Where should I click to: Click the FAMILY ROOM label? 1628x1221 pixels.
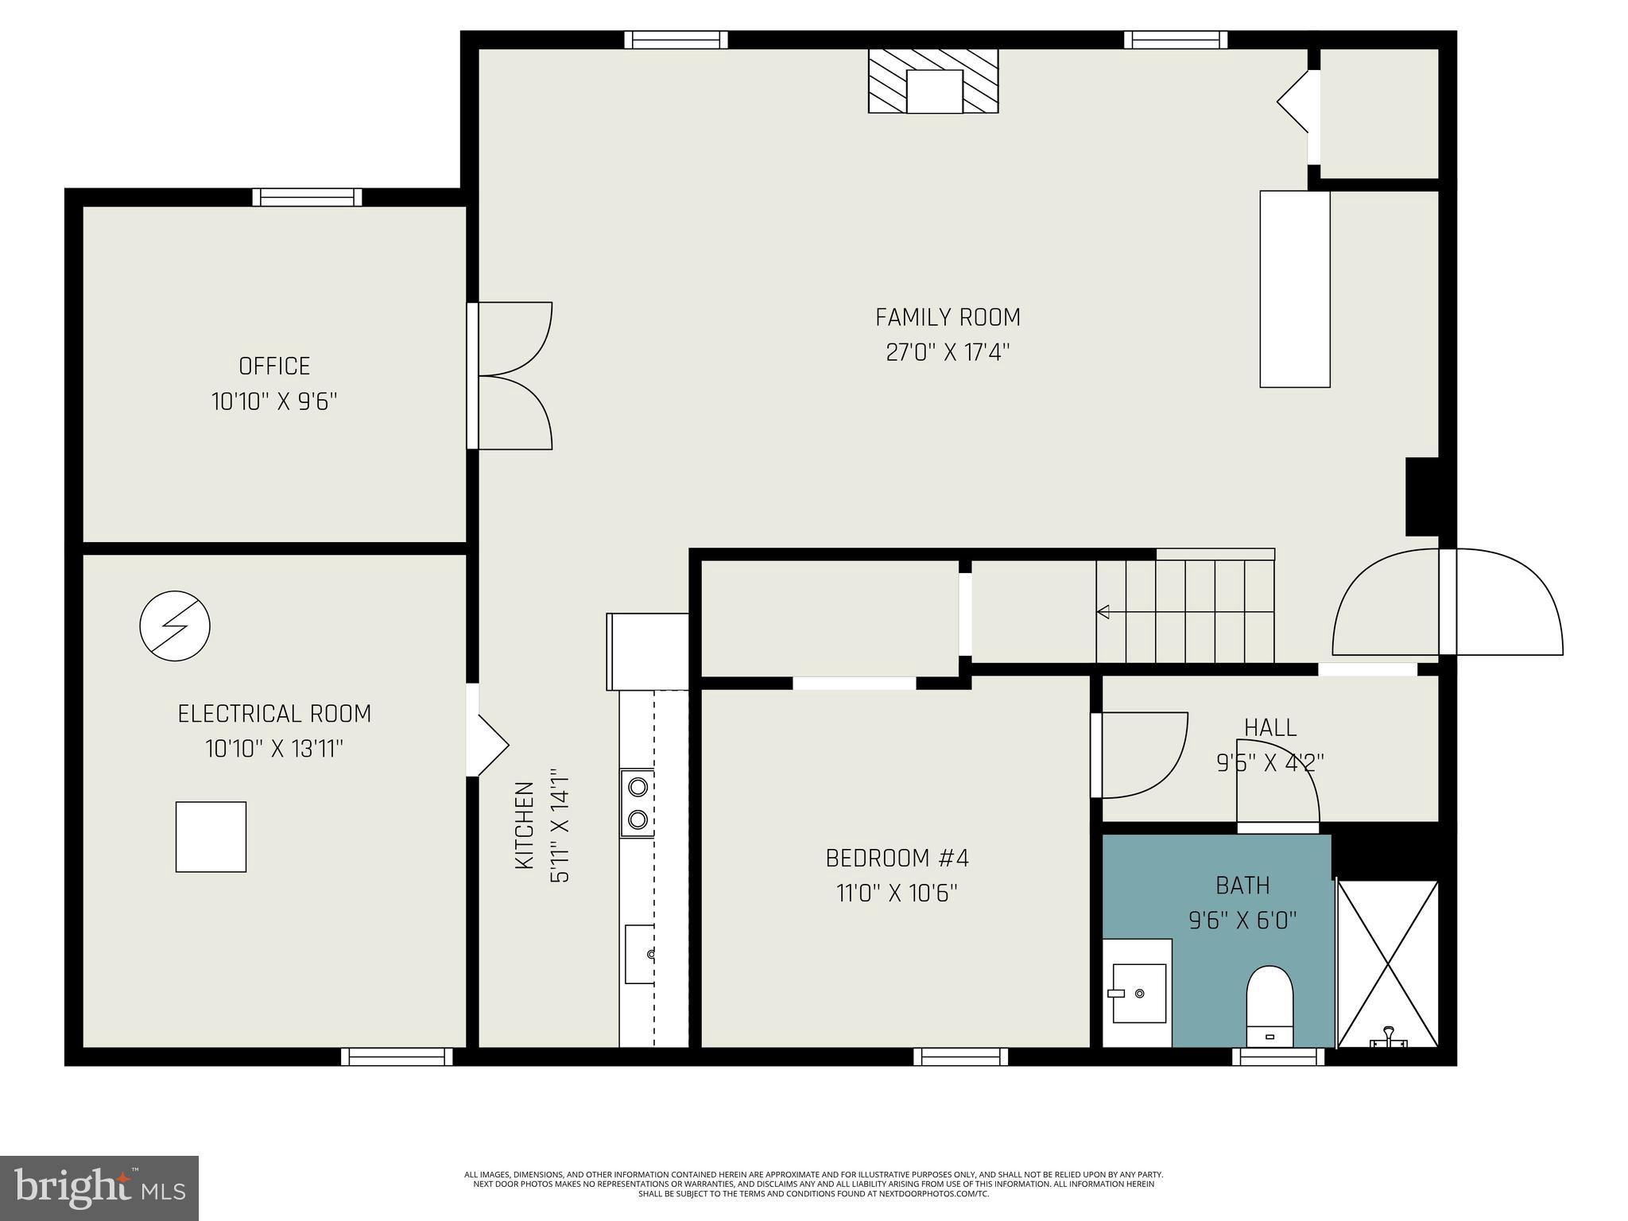(x=948, y=317)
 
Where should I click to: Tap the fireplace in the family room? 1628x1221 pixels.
(x=933, y=82)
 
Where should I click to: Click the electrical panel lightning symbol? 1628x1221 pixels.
(x=175, y=626)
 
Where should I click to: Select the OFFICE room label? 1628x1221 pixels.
(x=274, y=366)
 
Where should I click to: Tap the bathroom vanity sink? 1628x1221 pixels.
(x=1138, y=993)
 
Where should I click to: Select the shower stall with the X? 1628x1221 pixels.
(x=1388, y=963)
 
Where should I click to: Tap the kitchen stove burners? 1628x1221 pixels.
(x=638, y=803)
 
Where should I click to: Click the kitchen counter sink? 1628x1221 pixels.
(x=641, y=954)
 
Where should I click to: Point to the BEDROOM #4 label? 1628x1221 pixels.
(x=897, y=859)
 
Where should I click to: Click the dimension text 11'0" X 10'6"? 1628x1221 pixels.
(x=897, y=893)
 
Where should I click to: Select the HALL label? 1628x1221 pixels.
(x=1269, y=727)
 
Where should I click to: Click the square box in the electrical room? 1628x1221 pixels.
(x=211, y=836)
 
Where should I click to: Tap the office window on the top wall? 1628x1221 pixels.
(x=307, y=197)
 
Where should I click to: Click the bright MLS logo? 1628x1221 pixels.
(x=99, y=1188)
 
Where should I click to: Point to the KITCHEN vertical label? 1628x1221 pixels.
(x=524, y=825)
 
